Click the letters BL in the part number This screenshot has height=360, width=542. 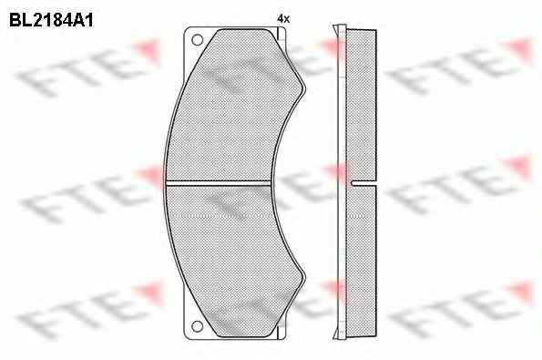pyautogui.click(x=20, y=20)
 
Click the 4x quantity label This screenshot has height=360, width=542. pyautogui.click(x=283, y=19)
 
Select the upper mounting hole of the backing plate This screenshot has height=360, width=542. pyautogui.click(x=197, y=40)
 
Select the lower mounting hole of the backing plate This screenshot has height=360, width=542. pyautogui.click(x=197, y=326)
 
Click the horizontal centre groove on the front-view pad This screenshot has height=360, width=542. pyautogui.click(x=219, y=182)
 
